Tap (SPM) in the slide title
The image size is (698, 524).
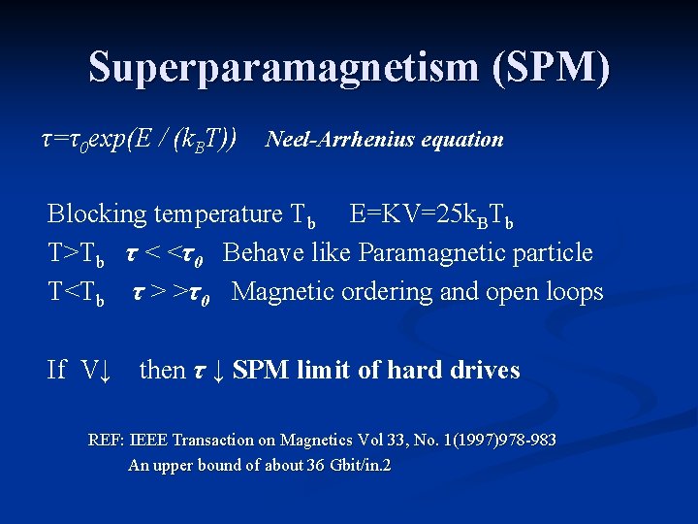coord(551,68)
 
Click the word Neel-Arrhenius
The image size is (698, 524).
coord(340,140)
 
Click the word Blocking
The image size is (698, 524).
coord(97,213)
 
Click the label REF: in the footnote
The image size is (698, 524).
coord(107,441)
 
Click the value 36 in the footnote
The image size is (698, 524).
coord(316,465)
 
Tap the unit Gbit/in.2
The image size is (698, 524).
coord(361,465)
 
